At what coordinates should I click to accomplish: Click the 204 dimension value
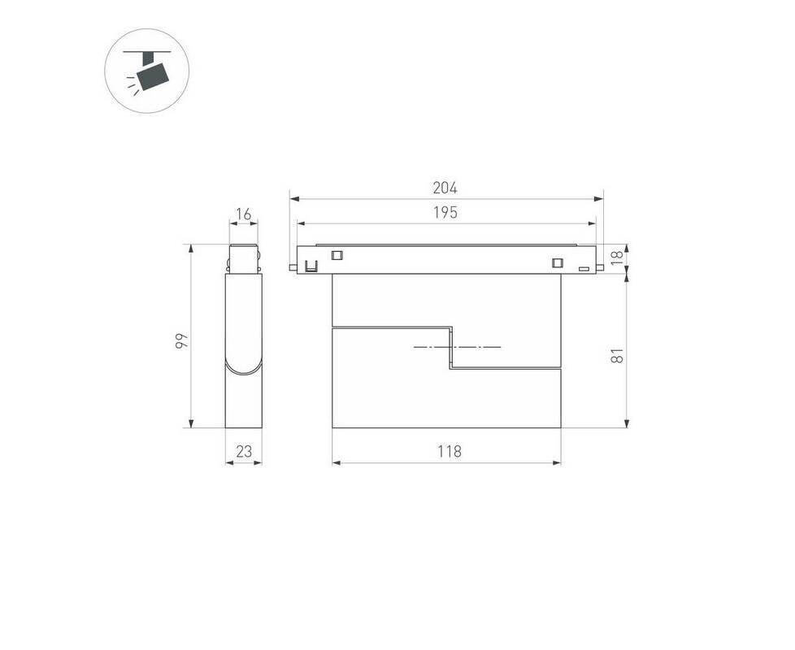coord(445,188)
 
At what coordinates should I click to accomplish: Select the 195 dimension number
coord(445,213)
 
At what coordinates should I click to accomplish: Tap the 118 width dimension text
coord(450,451)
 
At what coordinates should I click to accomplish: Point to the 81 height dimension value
coord(616,355)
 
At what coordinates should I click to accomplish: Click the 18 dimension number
coord(616,258)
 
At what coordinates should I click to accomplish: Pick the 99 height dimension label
coord(181,340)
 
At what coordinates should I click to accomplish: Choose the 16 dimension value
coord(244,214)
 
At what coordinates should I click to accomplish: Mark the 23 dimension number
coord(244,451)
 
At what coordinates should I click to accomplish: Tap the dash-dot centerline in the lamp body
coord(458,347)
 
